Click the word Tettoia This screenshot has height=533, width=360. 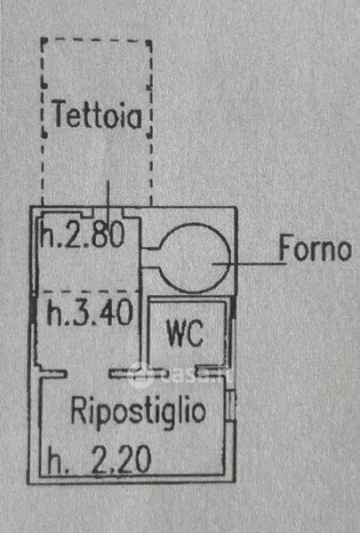98,115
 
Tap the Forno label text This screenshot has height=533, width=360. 316,249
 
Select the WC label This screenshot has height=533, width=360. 186,333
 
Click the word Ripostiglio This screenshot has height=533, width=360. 138,410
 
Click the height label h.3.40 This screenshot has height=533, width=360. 90,312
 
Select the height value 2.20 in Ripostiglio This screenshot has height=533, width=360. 122,459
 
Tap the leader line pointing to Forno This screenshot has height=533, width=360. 249,264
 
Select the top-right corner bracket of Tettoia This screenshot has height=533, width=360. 149,44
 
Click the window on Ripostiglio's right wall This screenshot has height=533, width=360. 231,405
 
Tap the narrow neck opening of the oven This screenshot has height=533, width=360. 150,259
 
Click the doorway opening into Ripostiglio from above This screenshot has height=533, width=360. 88,374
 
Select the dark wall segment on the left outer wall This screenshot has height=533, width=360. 33,307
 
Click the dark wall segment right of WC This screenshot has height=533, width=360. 234,307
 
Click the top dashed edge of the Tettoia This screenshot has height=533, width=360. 96,40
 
